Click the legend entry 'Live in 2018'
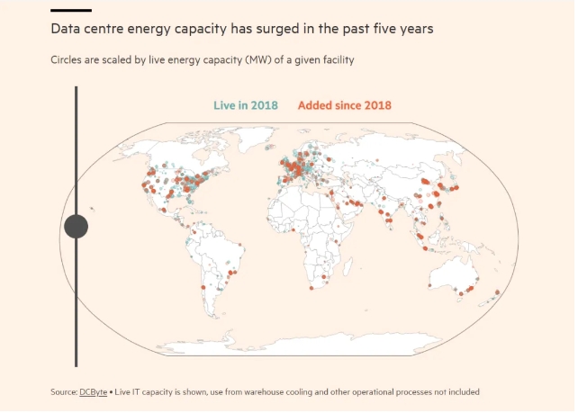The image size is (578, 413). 246,106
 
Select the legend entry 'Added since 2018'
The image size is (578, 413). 345,106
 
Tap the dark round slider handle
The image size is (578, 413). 77,227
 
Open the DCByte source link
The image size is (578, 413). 93,392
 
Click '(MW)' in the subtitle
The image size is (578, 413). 245,61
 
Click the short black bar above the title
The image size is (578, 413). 71,10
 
